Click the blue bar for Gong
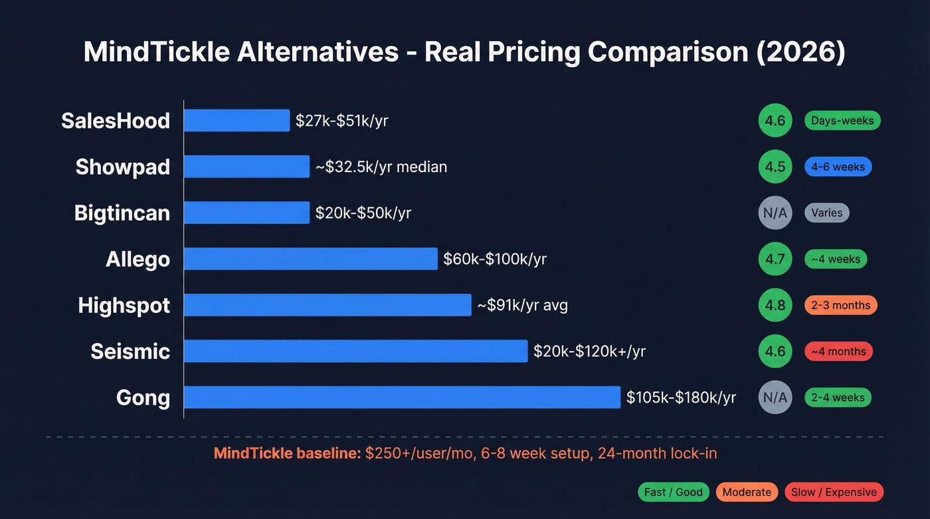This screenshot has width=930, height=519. point(402,397)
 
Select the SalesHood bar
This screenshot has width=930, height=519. point(236,120)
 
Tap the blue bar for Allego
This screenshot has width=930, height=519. point(310,259)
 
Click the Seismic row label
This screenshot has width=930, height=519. point(130,351)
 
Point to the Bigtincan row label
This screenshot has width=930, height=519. point(122,213)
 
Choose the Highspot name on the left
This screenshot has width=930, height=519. point(124,305)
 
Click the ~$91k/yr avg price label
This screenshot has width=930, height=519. point(522,305)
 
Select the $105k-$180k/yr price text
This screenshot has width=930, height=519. point(681,397)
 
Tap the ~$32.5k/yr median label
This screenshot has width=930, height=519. point(381,167)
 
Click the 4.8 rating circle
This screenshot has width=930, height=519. point(775,305)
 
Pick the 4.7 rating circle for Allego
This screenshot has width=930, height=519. point(775,259)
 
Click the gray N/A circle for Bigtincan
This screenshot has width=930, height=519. point(775,213)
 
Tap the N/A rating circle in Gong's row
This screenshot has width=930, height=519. point(775,397)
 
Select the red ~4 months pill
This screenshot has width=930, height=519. point(838,351)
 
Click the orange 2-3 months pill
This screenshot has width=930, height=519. point(840,305)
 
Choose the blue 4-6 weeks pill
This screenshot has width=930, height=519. point(838,167)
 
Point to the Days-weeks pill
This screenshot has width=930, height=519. point(842,120)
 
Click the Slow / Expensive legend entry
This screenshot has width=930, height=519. point(834,492)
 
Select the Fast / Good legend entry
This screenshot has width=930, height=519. point(674,492)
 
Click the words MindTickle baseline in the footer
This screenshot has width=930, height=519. point(287,454)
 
